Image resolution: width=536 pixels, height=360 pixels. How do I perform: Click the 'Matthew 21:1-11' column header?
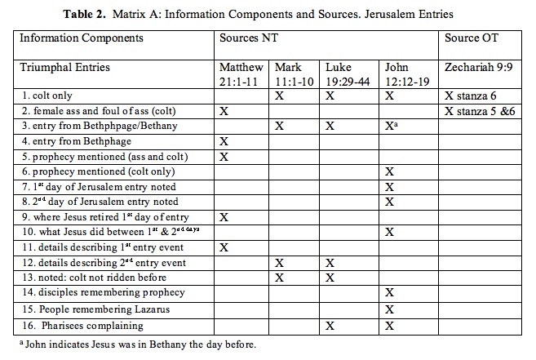coord(241,74)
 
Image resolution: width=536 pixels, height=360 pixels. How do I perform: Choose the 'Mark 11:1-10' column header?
coord(294,74)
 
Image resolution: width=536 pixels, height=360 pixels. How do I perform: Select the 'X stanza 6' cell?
coord(471,96)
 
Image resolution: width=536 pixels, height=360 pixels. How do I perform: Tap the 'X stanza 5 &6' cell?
coord(480,111)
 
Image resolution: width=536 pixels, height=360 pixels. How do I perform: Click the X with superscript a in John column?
coord(391,126)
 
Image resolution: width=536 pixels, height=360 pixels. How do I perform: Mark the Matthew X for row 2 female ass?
coord(224,111)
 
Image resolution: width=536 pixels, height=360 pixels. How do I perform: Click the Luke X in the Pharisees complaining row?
coord(330,326)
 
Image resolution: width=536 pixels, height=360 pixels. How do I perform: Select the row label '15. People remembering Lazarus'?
coord(95,309)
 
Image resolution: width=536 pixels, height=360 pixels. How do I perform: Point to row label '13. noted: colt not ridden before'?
coord(94,278)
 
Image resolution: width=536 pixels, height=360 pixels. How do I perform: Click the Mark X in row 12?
coord(279,263)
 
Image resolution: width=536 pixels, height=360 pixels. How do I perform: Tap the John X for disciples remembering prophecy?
coord(389,292)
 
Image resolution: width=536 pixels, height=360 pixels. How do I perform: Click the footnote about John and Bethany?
coord(138,344)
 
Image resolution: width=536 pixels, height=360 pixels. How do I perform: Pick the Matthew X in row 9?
coord(224,217)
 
